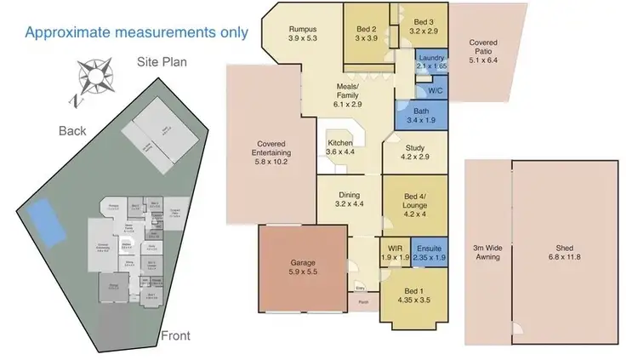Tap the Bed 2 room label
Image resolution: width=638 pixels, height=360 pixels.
(x=366, y=28)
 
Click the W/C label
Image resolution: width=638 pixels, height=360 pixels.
(x=434, y=89)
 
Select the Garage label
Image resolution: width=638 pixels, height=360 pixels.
(x=303, y=264)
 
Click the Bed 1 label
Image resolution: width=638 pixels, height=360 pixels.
(x=412, y=291)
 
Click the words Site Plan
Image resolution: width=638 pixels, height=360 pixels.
(x=162, y=62)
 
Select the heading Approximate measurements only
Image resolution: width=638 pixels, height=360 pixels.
(x=136, y=32)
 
